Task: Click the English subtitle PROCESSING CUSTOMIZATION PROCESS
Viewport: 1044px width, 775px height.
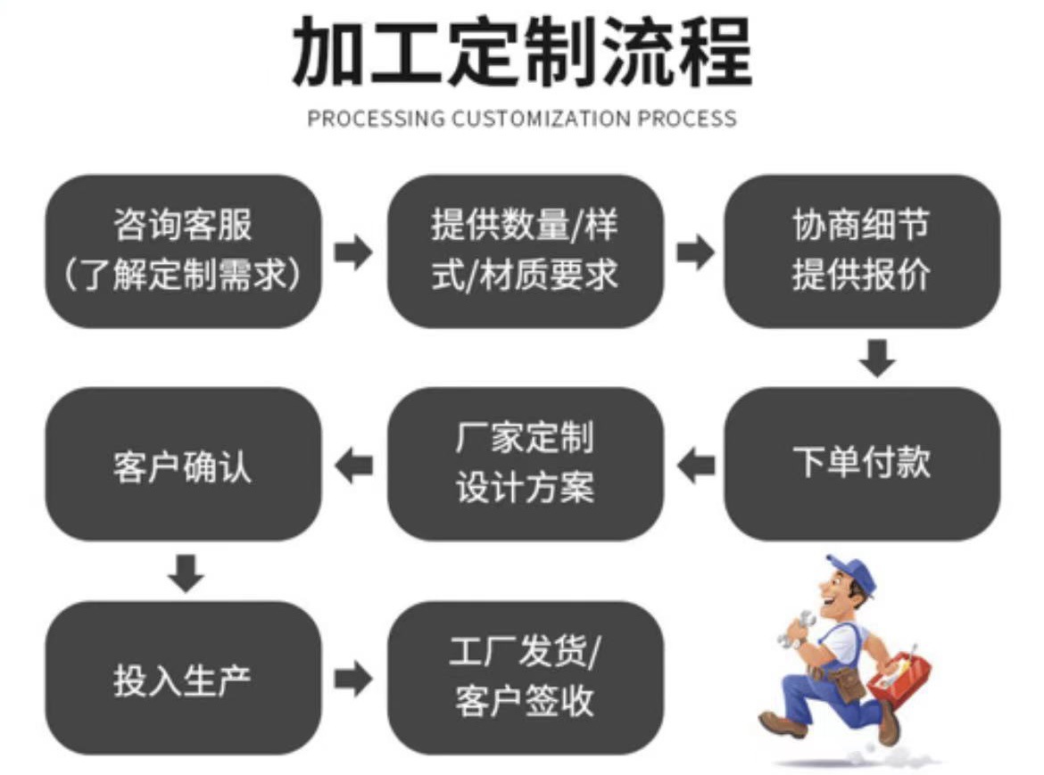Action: point(522,119)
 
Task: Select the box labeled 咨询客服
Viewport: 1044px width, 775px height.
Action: point(183,251)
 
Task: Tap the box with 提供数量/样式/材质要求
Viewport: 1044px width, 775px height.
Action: point(525,251)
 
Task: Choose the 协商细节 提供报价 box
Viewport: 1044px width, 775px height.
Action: point(861,251)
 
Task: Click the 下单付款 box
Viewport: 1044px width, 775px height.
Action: point(861,463)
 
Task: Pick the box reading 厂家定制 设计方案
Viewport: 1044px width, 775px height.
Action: point(525,463)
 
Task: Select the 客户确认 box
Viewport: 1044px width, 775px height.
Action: point(183,463)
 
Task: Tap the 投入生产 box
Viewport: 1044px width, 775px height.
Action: point(183,678)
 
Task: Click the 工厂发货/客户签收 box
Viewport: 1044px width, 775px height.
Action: point(525,678)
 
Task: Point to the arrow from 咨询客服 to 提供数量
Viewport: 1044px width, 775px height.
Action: point(353,252)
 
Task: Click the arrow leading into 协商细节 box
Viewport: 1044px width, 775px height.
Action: point(695,252)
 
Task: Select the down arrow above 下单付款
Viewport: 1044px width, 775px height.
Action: point(878,357)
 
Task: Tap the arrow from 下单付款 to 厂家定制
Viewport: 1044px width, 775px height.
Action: point(695,465)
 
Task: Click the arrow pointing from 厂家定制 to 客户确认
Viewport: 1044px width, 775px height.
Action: point(353,465)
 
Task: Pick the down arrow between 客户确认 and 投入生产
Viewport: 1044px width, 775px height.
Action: point(186,572)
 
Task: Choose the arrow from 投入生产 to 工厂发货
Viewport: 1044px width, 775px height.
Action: point(353,680)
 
